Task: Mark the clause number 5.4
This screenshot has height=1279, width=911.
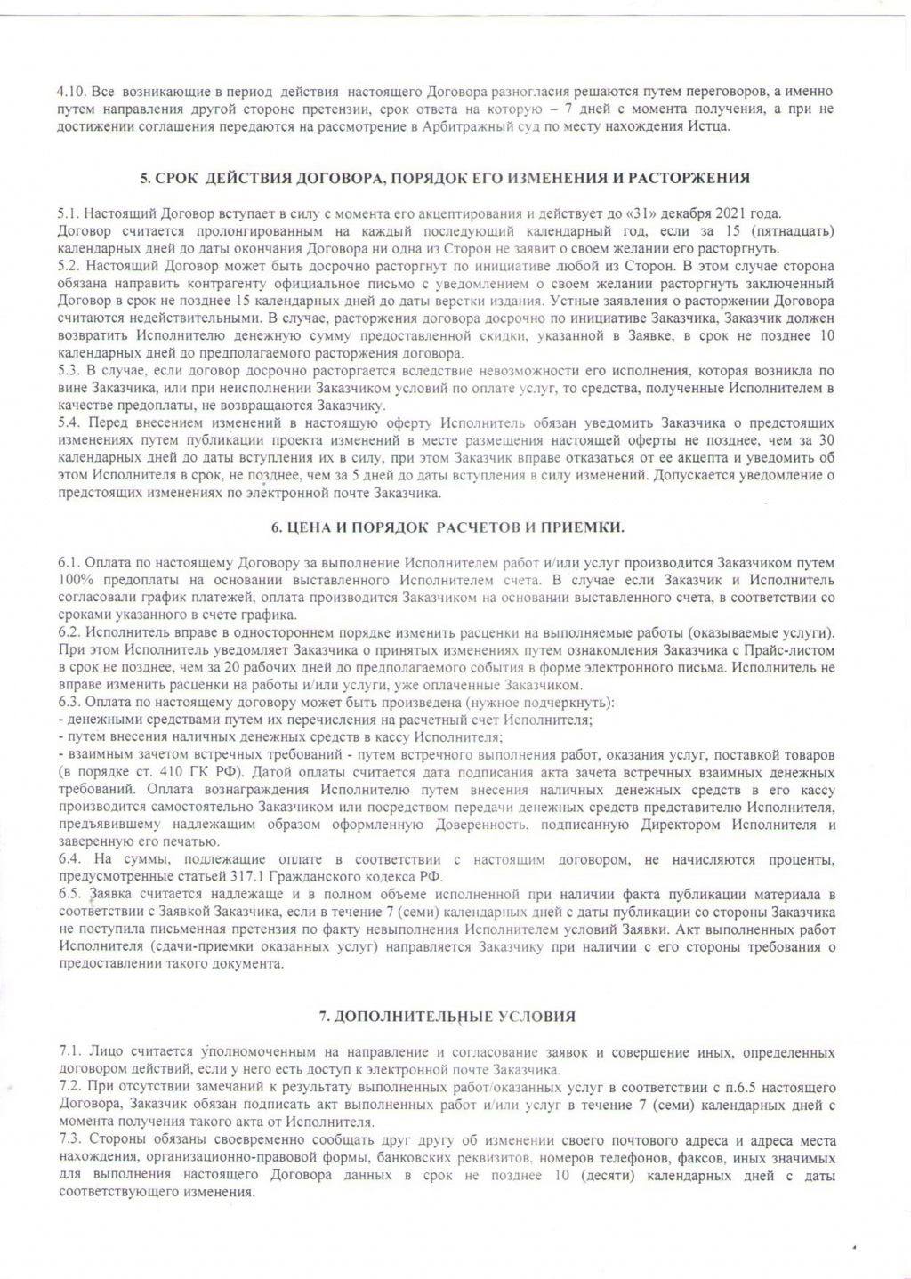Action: click(69, 423)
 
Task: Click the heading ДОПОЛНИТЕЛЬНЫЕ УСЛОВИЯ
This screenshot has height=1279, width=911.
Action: click(447, 1016)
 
